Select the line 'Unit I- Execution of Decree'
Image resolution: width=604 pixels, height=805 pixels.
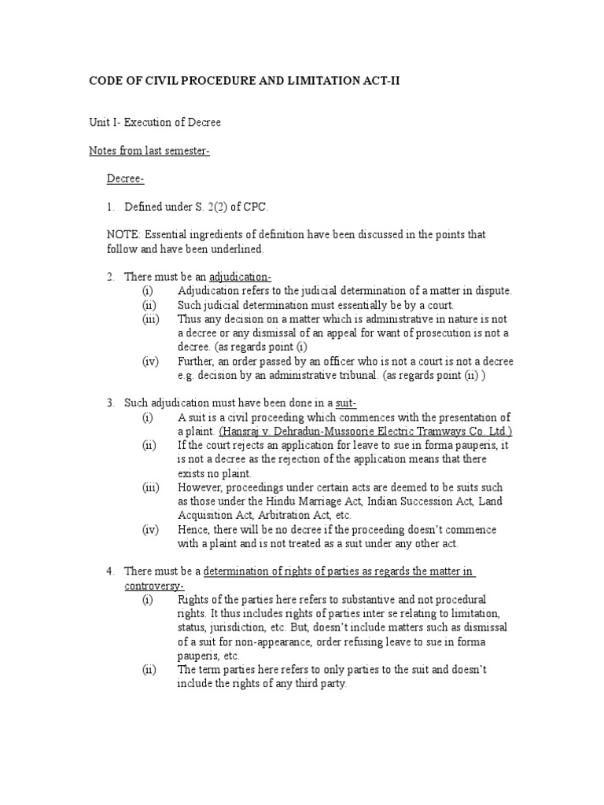tap(155, 123)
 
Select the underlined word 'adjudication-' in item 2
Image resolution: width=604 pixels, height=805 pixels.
tap(240, 277)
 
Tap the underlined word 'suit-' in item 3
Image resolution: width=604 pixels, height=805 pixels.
tap(345, 402)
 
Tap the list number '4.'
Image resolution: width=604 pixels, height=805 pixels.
tap(111, 571)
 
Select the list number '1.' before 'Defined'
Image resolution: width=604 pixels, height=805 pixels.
tap(111, 208)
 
